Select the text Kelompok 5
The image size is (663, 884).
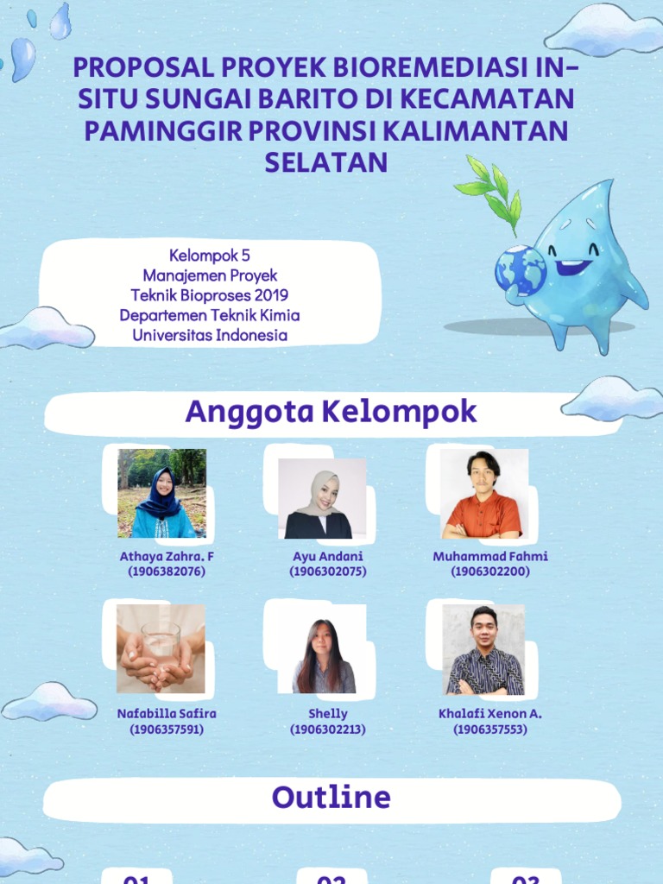click(210, 256)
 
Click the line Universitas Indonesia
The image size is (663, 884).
click(210, 335)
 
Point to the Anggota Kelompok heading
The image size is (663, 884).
click(331, 412)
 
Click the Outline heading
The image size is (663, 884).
click(331, 797)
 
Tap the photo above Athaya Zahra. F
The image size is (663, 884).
click(162, 493)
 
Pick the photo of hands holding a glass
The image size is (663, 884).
click(161, 649)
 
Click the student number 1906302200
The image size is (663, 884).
click(489, 571)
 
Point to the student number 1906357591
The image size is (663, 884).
click(167, 729)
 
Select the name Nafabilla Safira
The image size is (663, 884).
click(167, 714)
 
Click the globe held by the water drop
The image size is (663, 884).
click(520, 270)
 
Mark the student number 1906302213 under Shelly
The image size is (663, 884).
click(328, 729)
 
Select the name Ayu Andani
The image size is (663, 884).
click(328, 556)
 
